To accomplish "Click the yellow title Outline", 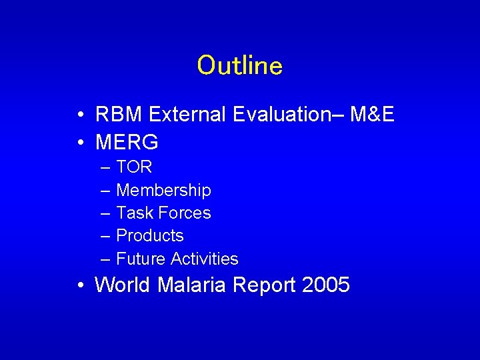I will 240,65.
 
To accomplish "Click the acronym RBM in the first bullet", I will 119,115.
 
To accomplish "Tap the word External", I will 188,115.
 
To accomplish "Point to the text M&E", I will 372,115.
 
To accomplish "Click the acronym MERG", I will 127,142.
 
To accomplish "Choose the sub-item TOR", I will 134,167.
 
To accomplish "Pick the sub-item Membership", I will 163,190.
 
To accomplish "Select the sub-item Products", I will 150,235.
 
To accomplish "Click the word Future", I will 141,259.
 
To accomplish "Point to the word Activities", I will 204,259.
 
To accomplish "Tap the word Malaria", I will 194,285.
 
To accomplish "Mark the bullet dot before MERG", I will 79,143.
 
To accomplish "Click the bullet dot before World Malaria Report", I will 79,286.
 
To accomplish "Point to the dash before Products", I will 106,236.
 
